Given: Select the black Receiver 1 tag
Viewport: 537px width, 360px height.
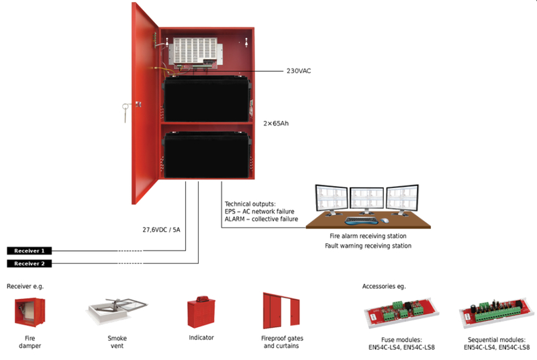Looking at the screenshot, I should coord(30,251).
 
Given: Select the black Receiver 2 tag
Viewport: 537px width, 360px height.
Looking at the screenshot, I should coord(30,263).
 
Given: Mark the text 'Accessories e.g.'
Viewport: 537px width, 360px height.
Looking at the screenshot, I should coord(384,286).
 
